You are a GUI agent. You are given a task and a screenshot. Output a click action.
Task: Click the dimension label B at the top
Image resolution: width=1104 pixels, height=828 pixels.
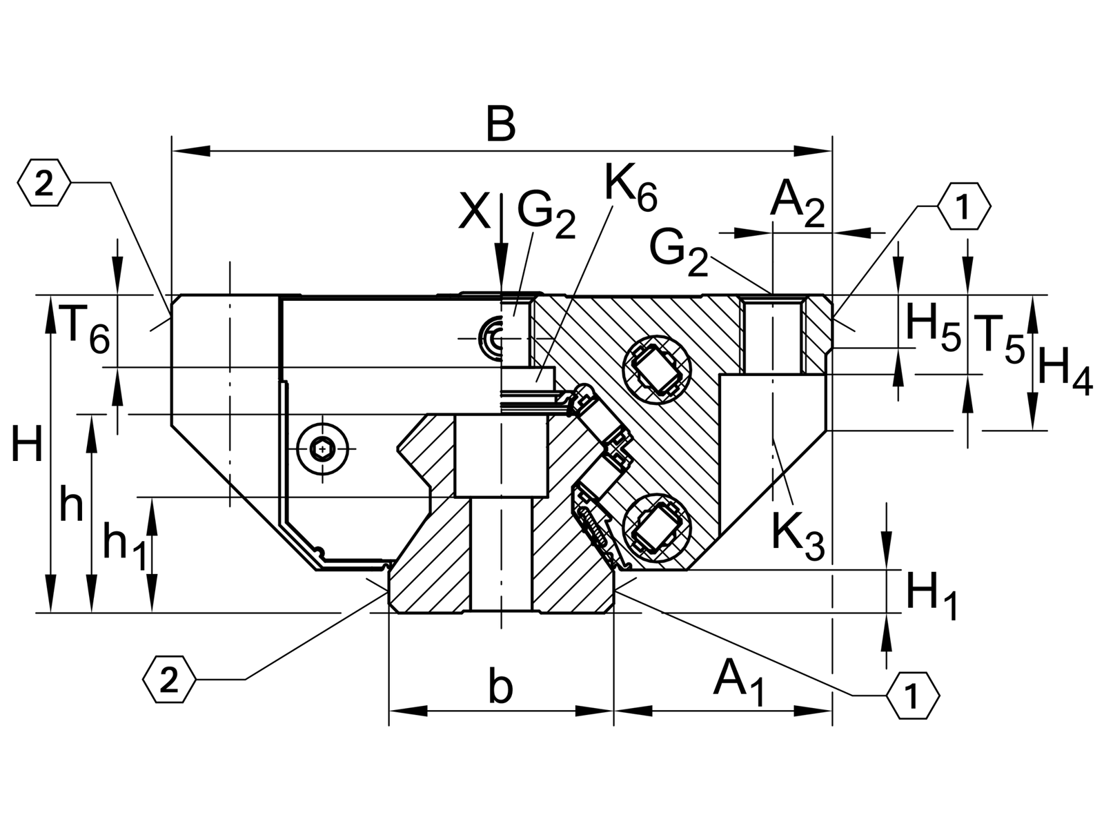[501, 124]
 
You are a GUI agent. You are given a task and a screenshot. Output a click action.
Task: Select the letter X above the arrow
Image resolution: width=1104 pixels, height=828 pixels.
[474, 213]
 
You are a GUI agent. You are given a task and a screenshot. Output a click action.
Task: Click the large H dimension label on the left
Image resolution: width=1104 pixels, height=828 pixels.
[27, 443]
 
